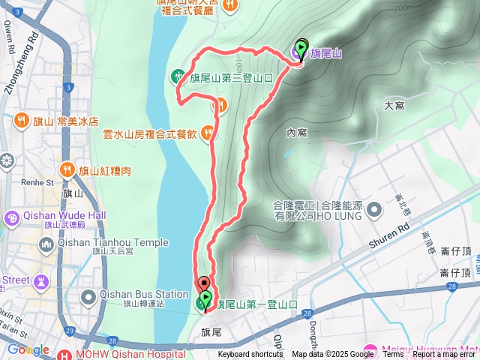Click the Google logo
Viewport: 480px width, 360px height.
click(28, 349)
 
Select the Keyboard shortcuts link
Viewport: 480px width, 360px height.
click(250, 355)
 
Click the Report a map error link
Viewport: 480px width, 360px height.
click(445, 355)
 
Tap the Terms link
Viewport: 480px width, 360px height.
click(393, 355)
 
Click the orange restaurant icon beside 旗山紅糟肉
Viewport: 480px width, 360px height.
click(67, 170)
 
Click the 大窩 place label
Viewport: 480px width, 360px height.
click(394, 106)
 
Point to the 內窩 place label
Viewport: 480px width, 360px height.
click(297, 133)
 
